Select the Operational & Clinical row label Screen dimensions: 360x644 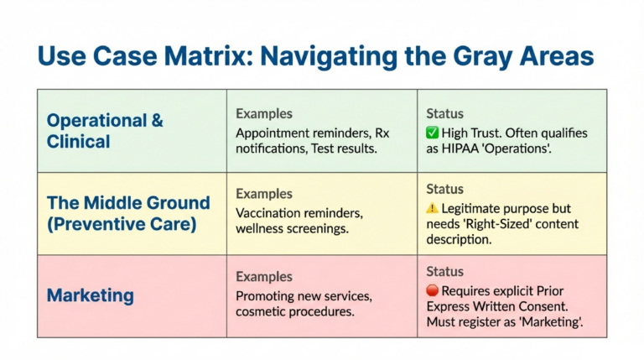click(x=105, y=130)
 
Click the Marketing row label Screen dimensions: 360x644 click(x=90, y=295)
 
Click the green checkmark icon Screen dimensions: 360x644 click(x=433, y=133)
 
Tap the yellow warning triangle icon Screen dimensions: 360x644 click(x=433, y=208)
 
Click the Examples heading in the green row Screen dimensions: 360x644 click(x=264, y=113)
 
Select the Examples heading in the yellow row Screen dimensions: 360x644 click(x=264, y=194)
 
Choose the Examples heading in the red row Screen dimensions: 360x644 click(x=264, y=276)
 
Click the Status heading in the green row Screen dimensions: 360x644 click(x=444, y=113)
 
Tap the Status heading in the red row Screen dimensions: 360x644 click(x=444, y=272)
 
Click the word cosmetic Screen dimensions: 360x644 click(x=263, y=311)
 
